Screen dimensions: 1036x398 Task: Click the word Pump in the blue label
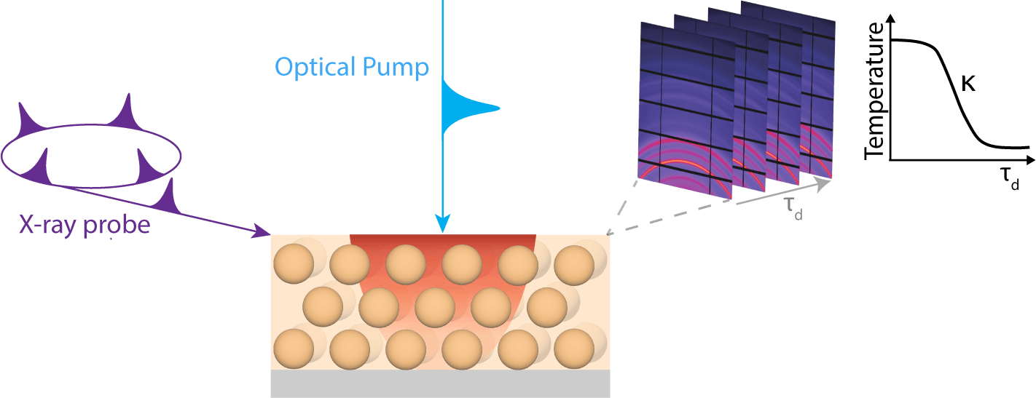pos(396,68)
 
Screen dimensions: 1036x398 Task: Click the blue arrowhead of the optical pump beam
pos(443,224)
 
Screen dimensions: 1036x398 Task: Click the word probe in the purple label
pos(117,226)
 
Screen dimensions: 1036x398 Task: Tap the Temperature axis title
pos(874,91)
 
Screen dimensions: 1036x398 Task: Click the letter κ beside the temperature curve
pos(968,84)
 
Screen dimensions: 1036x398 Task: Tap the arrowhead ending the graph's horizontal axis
pos(1030,160)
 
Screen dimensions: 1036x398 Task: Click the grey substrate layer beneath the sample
pos(440,383)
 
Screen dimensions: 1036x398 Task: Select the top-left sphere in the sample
pos(294,264)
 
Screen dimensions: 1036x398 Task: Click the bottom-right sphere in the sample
pos(574,349)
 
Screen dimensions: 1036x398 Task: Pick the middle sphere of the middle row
pos(435,307)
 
